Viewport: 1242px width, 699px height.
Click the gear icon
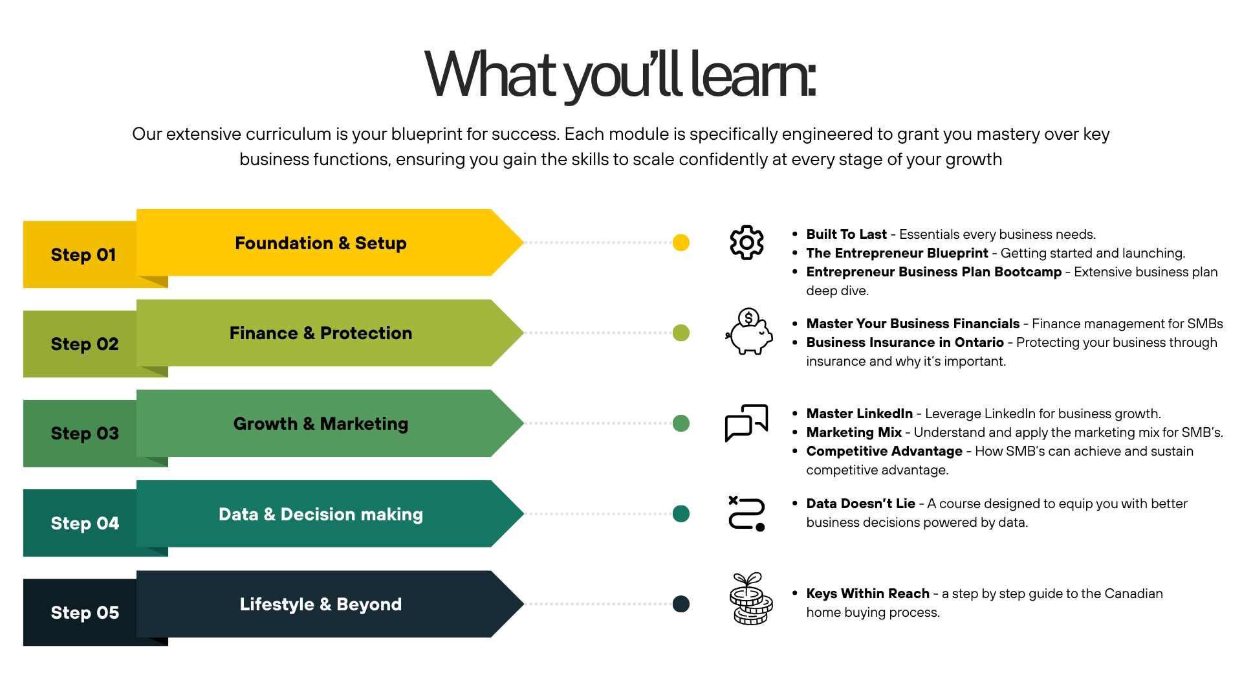(x=746, y=243)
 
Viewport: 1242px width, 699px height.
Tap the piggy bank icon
(x=748, y=332)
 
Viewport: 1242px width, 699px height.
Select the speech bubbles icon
(x=746, y=423)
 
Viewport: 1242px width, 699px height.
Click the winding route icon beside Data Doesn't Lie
(x=746, y=513)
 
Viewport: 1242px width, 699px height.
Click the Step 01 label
(x=83, y=255)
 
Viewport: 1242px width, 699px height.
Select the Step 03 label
(x=85, y=434)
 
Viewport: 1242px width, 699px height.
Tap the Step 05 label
(x=85, y=613)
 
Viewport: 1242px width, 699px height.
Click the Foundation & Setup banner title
(x=320, y=243)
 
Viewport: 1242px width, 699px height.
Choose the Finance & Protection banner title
(x=320, y=333)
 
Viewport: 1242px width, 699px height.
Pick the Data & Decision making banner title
(x=320, y=515)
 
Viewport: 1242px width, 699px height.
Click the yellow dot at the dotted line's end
(x=681, y=243)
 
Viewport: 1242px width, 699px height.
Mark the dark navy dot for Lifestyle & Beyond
(x=681, y=604)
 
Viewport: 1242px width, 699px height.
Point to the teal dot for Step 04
(x=681, y=514)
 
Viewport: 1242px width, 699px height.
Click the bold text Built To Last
(x=846, y=234)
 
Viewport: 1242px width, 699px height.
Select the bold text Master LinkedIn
(x=859, y=414)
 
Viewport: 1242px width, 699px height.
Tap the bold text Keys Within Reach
(x=867, y=594)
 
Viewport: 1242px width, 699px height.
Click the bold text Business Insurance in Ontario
(x=905, y=342)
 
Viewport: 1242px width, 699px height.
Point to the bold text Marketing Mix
(x=854, y=432)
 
